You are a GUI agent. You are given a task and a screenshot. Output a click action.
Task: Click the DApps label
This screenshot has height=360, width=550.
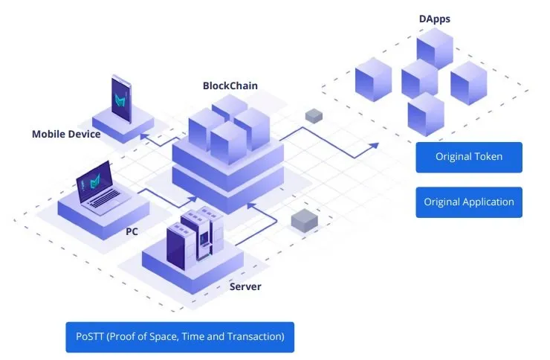click(x=434, y=19)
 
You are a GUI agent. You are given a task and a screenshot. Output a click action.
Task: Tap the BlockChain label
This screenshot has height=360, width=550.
click(x=230, y=86)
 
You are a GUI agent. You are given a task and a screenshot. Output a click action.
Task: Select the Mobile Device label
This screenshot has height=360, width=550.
click(x=66, y=134)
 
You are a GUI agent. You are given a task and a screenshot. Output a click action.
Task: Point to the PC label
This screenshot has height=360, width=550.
click(x=132, y=231)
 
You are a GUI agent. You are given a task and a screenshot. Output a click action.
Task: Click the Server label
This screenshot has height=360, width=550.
click(x=245, y=286)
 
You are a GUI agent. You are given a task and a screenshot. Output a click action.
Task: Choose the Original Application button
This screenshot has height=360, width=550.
click(x=469, y=202)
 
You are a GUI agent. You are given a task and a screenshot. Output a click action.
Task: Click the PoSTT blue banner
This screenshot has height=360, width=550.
click(x=180, y=337)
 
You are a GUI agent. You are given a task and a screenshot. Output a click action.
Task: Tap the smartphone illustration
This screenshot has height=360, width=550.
click(x=121, y=98)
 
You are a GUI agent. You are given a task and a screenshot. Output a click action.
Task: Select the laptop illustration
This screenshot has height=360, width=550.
click(x=102, y=188)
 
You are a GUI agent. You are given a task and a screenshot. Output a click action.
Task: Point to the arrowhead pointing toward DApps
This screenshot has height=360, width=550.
click(x=375, y=146)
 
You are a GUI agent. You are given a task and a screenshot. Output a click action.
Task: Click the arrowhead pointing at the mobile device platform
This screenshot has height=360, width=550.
click(x=143, y=136)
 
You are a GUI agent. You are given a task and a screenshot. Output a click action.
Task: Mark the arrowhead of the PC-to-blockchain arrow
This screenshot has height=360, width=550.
click(x=193, y=199)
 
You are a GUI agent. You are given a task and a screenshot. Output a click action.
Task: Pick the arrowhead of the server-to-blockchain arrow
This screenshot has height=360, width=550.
click(x=250, y=205)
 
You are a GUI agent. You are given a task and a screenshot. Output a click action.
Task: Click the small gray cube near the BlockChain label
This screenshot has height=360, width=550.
click(x=314, y=116)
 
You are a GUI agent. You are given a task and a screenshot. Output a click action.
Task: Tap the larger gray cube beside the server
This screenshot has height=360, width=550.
click(x=305, y=220)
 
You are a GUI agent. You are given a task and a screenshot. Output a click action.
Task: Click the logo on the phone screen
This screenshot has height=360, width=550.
click(x=120, y=100)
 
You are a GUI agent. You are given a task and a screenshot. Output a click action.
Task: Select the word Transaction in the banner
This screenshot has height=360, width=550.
click(x=256, y=336)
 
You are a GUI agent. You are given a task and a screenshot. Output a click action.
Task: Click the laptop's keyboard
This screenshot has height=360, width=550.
click(x=106, y=199)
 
